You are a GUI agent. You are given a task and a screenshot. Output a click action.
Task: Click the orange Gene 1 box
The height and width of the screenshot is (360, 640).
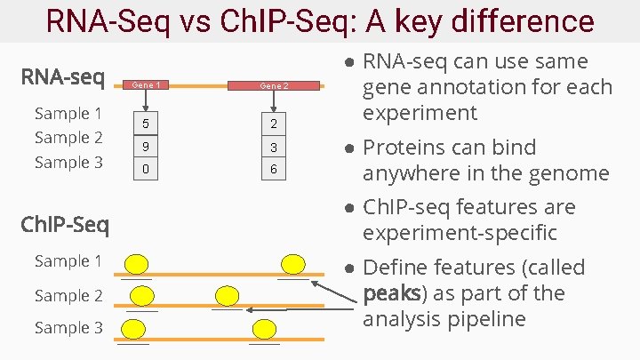(x=146, y=85)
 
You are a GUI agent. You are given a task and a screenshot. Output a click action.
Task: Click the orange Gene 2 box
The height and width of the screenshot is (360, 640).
(x=273, y=86)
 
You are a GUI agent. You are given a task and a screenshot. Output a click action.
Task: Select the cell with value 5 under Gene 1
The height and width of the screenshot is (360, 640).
(x=146, y=123)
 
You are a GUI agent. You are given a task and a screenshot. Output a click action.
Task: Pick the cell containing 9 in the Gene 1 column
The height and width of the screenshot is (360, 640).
(x=146, y=146)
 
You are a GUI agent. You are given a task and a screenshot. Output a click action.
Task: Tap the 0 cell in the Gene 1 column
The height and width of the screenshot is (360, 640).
(x=146, y=169)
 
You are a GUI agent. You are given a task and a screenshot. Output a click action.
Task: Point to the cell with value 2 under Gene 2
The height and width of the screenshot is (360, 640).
(x=273, y=123)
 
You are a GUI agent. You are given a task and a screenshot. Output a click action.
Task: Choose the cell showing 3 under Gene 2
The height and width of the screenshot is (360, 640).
(x=273, y=146)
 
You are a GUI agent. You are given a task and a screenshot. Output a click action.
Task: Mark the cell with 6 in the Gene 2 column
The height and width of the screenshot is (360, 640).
(x=273, y=169)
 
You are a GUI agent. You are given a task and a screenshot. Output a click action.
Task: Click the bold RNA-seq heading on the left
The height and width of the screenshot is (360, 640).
(x=63, y=78)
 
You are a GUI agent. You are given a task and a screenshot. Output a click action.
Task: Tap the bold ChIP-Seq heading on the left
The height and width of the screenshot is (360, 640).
(x=65, y=224)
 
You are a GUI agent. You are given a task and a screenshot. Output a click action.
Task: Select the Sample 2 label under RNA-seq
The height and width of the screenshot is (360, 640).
(x=68, y=137)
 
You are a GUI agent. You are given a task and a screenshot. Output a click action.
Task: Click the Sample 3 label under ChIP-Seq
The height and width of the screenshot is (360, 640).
(x=68, y=328)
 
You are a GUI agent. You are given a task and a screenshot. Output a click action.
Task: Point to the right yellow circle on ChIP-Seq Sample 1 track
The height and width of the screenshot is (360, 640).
(x=292, y=263)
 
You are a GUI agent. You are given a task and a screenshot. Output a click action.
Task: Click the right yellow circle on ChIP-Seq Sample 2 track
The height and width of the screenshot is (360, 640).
(x=228, y=296)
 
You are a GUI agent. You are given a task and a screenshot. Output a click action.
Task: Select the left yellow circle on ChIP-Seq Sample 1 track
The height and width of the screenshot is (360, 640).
(x=136, y=263)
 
